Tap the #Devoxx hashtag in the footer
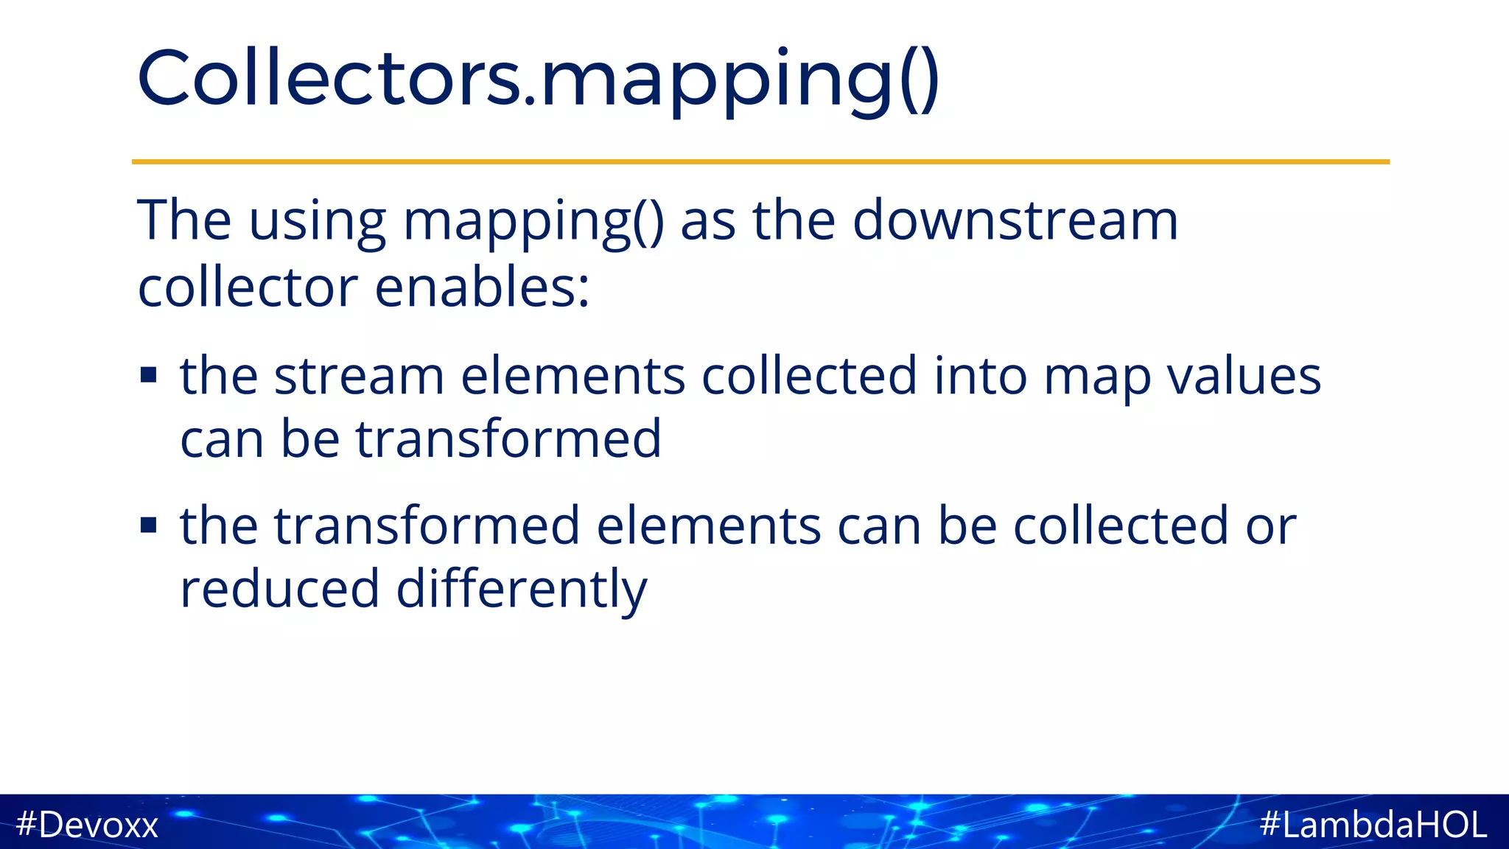[87, 824]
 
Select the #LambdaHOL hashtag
[1373, 824]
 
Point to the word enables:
[483, 287]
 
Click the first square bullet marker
[149, 376]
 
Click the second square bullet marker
[149, 525]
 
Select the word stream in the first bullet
[359, 376]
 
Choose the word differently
[522, 590]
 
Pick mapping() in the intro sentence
[533, 221]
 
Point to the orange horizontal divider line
[760, 161]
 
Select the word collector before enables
[248, 287]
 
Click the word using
[317, 221]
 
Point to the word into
[980, 376]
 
